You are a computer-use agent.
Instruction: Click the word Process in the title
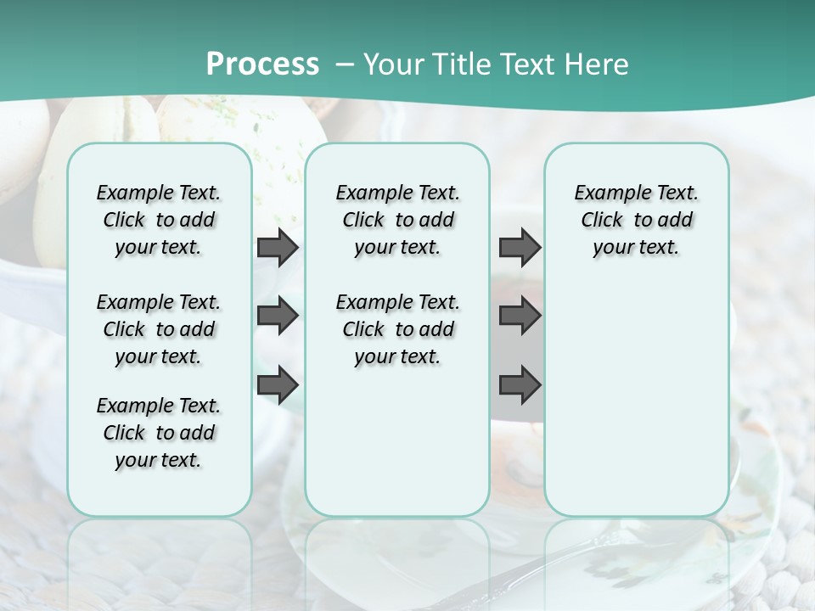(x=262, y=64)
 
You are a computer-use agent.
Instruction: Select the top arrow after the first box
(x=278, y=248)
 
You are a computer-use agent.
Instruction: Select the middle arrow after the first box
(x=278, y=316)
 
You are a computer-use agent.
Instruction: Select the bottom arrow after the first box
(x=278, y=384)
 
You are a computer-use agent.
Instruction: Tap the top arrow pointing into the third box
(x=520, y=248)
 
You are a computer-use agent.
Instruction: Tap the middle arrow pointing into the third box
(x=520, y=316)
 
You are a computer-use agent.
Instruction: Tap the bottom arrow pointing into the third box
(x=520, y=384)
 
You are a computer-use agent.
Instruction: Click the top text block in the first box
(x=159, y=220)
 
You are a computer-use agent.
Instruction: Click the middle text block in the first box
(x=159, y=329)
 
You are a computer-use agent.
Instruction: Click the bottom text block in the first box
(x=159, y=433)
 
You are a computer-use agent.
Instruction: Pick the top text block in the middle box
(x=397, y=220)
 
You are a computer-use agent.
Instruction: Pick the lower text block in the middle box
(x=397, y=329)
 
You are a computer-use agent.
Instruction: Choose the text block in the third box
(x=636, y=220)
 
